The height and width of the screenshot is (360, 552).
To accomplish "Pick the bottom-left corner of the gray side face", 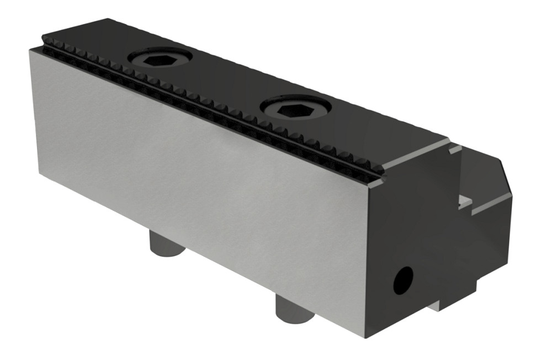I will (x=39, y=176).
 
